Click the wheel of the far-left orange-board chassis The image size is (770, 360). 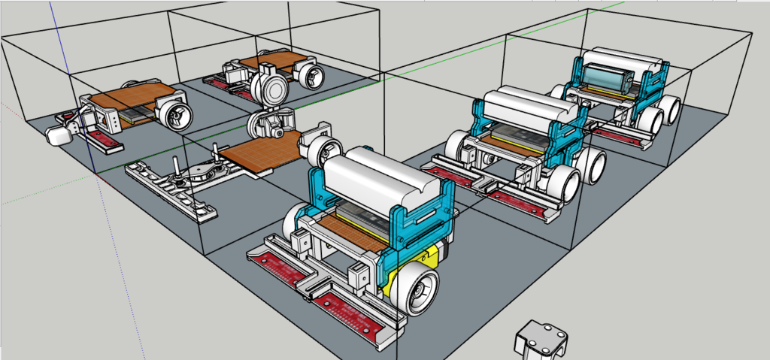(x=174, y=115)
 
